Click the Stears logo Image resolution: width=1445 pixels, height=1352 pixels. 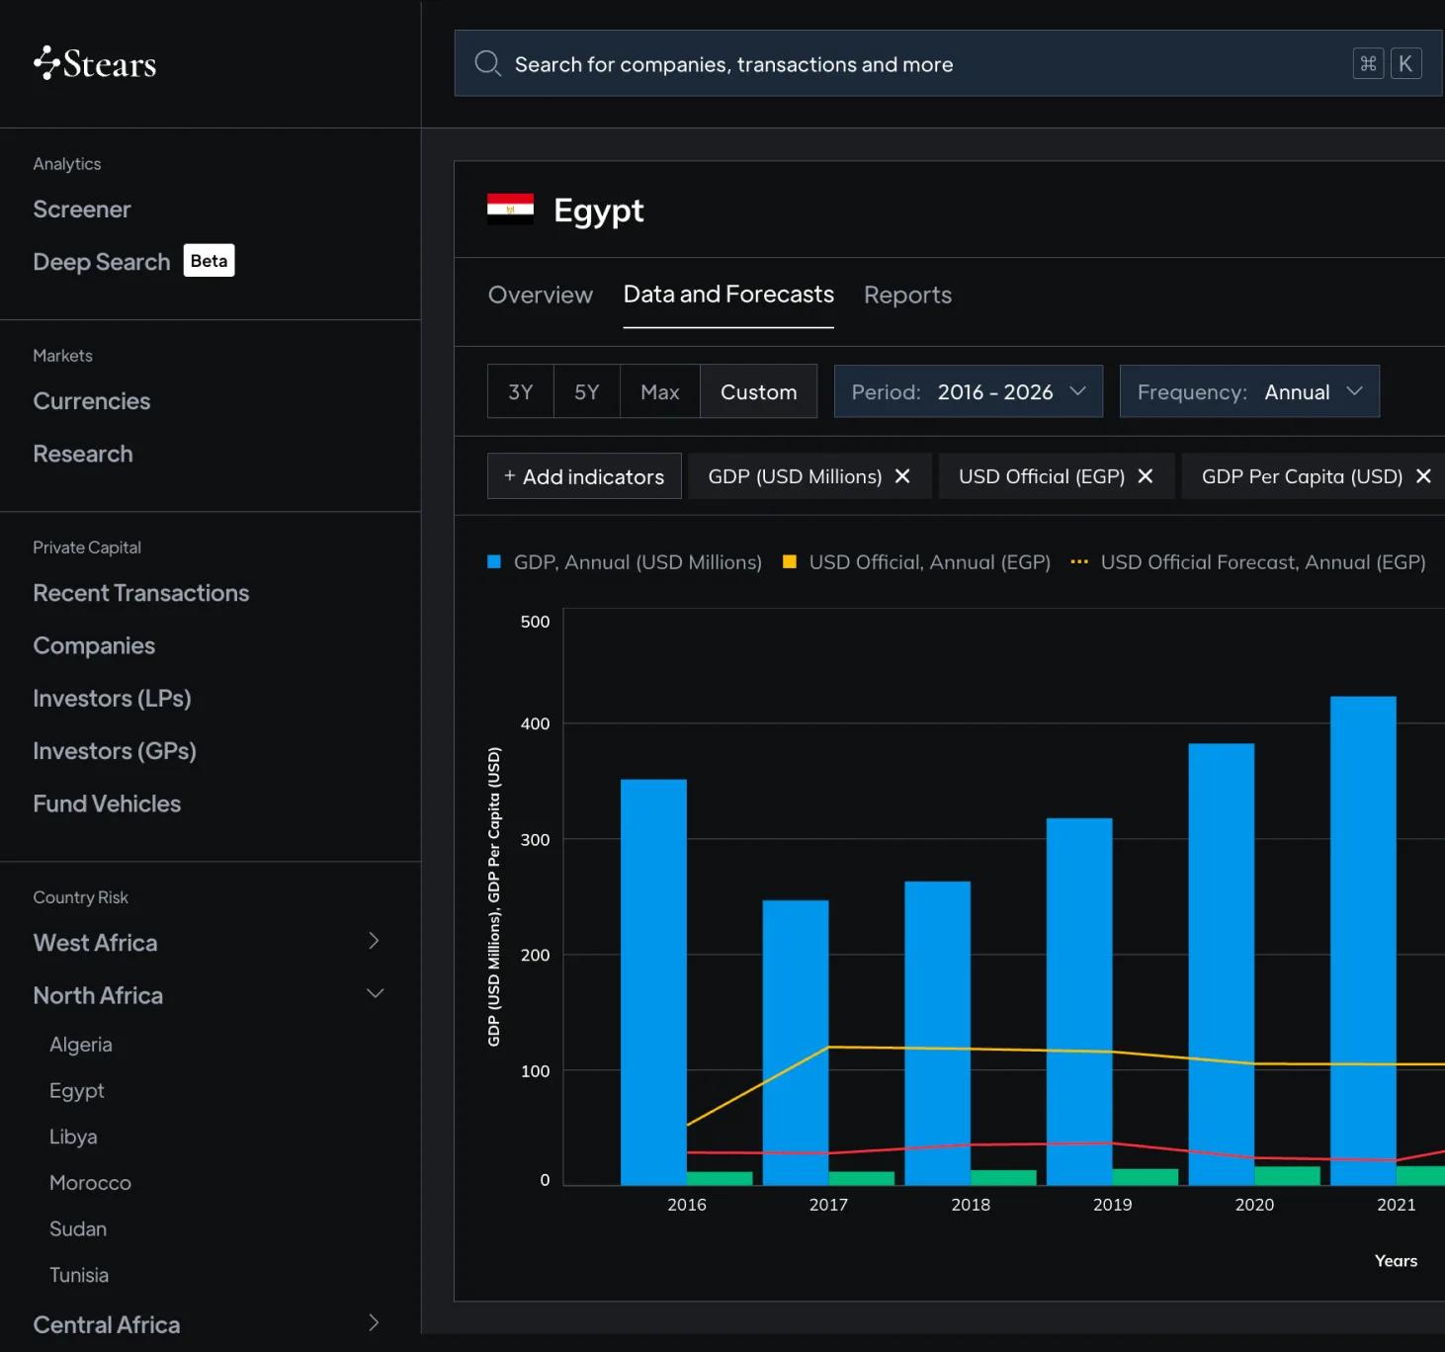click(x=95, y=63)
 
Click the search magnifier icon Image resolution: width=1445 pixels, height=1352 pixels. click(x=487, y=63)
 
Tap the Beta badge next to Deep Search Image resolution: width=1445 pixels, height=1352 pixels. click(x=209, y=261)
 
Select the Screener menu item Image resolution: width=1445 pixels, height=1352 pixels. click(x=81, y=209)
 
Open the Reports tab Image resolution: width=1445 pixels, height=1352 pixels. click(x=907, y=295)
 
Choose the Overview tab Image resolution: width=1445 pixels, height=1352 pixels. click(x=540, y=295)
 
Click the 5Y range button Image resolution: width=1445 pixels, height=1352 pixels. click(x=586, y=391)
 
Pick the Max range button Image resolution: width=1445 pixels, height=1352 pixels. click(x=660, y=391)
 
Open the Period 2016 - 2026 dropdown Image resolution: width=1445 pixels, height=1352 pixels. click(x=969, y=391)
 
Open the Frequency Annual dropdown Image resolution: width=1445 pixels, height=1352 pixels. click(x=1249, y=391)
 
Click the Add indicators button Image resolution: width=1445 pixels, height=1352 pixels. click(x=584, y=476)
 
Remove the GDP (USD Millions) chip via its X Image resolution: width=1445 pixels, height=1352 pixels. click(x=902, y=476)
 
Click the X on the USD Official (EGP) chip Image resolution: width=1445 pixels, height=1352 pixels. click(x=1146, y=476)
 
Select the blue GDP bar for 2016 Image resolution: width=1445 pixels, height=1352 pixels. click(x=653, y=982)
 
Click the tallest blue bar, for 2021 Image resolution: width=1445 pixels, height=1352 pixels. click(x=1363, y=941)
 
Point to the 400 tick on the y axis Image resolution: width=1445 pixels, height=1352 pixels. click(x=535, y=723)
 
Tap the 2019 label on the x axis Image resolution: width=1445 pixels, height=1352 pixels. click(x=1113, y=1205)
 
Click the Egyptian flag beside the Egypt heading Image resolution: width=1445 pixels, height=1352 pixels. click(x=510, y=210)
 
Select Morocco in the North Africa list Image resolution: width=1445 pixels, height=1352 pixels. click(x=90, y=1182)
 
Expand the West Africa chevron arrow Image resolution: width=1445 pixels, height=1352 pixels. click(x=374, y=941)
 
